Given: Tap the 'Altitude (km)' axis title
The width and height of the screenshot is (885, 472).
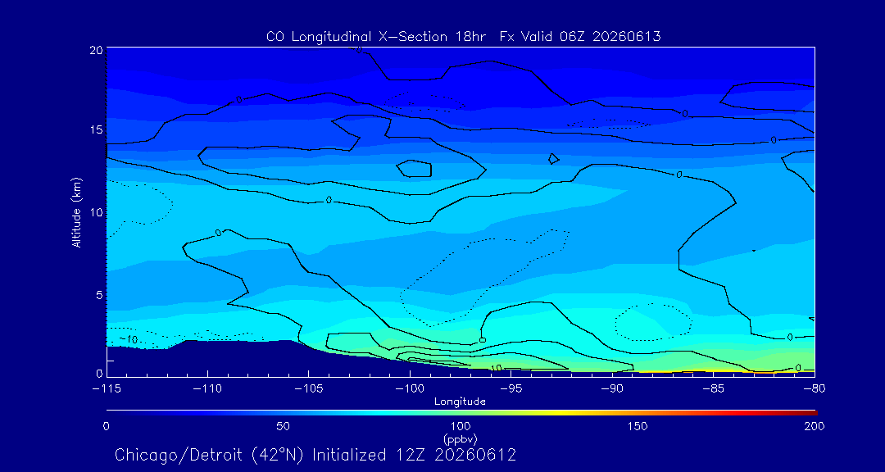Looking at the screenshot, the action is (x=76, y=212).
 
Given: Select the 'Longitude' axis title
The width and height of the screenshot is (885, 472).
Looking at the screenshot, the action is (x=461, y=402).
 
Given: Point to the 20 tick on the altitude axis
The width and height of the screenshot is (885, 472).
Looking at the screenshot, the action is (x=96, y=49).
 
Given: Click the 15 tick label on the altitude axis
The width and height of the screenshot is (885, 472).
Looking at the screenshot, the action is (x=97, y=129).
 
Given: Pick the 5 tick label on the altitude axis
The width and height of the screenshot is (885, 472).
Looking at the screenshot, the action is (x=99, y=295).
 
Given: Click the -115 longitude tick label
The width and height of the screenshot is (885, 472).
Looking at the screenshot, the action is (x=107, y=389).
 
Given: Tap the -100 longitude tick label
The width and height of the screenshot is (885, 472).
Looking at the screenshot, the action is (x=410, y=389).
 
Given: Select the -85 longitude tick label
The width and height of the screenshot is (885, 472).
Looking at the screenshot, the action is (x=714, y=389).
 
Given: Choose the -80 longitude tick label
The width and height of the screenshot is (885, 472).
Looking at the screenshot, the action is (x=815, y=389).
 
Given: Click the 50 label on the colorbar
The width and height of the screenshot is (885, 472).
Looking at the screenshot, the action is (x=284, y=426).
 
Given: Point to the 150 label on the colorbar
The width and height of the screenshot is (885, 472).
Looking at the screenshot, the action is (x=638, y=426).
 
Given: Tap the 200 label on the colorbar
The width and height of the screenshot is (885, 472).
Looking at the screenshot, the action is (x=815, y=426).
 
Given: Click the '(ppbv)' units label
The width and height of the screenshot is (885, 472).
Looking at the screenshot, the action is (x=461, y=438).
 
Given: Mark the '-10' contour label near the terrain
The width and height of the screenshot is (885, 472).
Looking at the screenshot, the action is (x=129, y=340).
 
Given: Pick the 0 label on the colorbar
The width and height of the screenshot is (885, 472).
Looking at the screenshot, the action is (x=107, y=426).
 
